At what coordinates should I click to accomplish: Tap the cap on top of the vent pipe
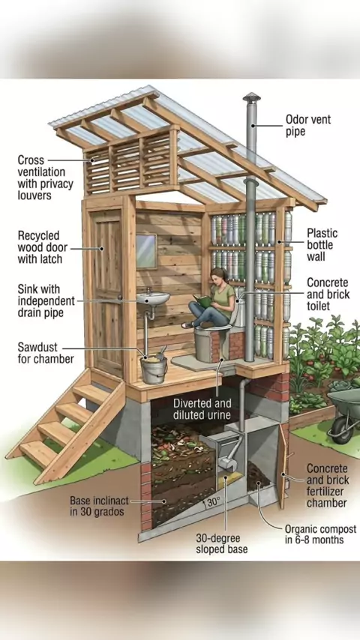(251, 97)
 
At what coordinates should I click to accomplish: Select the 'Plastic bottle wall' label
(322, 244)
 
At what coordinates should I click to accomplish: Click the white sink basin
(153, 297)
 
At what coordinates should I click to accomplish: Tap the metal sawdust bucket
(154, 369)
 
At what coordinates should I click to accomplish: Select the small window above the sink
(146, 251)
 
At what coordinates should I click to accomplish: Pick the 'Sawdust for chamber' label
(45, 353)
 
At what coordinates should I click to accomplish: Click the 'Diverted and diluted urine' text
(202, 409)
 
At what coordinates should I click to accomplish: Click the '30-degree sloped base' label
(221, 543)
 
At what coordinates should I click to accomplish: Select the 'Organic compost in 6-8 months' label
(320, 534)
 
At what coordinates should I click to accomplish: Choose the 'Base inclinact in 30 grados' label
(99, 506)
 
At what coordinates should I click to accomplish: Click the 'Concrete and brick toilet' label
(328, 294)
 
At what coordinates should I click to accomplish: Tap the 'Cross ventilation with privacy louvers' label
(45, 177)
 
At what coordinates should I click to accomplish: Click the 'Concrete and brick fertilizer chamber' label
(327, 486)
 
